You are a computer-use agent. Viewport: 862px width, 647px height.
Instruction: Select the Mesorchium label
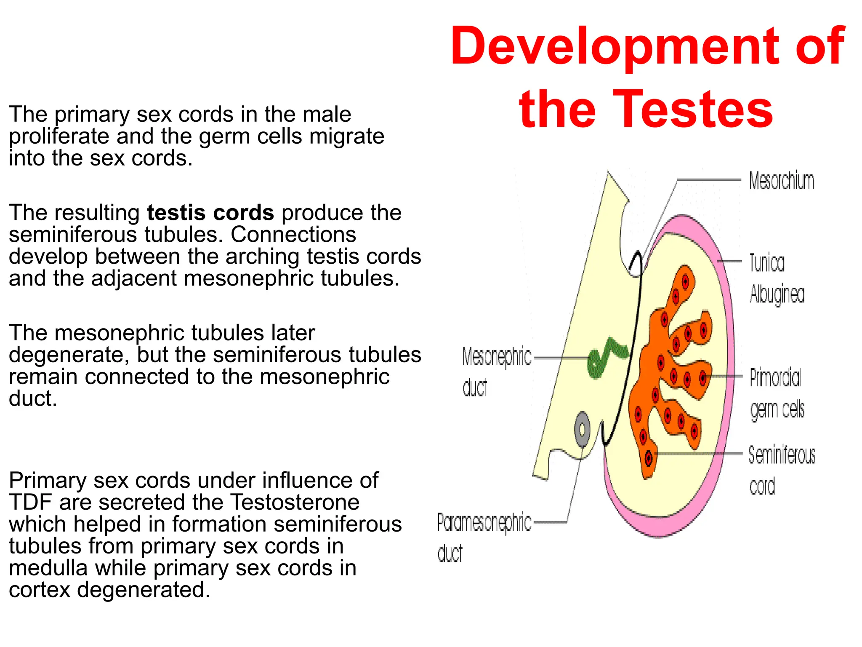[x=782, y=181]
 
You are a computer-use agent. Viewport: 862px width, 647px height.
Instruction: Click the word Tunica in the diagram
[x=767, y=263]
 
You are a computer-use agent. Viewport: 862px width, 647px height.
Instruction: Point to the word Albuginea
[x=777, y=294]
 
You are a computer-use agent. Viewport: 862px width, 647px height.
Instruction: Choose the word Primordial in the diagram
[x=775, y=377]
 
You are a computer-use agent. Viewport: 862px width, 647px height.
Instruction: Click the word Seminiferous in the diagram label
[x=782, y=455]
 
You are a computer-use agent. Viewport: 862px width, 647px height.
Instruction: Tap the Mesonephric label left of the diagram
[x=497, y=357]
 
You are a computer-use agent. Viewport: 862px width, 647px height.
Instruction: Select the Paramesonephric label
[x=484, y=523]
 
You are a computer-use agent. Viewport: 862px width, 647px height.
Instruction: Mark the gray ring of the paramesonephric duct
[x=582, y=430]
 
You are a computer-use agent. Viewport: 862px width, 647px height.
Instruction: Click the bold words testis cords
[x=210, y=212]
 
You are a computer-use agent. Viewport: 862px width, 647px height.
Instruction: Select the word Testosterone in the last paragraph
[x=295, y=502]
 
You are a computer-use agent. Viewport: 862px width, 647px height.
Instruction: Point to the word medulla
[x=48, y=568]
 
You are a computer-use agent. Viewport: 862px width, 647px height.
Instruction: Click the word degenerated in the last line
[x=143, y=590]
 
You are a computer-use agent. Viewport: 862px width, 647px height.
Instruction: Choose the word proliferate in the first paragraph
[x=59, y=136]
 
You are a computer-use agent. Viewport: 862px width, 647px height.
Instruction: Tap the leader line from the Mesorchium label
[x=709, y=180]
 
